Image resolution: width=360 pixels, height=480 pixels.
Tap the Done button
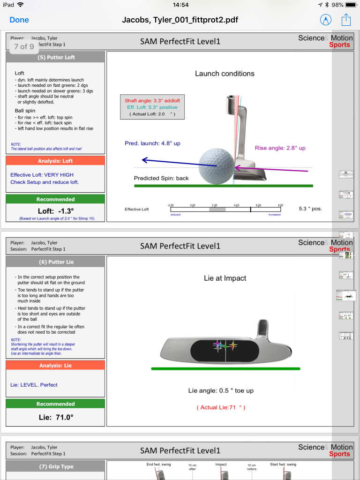click(x=19, y=20)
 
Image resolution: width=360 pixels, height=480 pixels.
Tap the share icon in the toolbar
click(x=346, y=20)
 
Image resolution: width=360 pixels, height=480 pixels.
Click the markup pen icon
click(x=325, y=20)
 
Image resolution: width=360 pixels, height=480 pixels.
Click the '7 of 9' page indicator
click(x=24, y=46)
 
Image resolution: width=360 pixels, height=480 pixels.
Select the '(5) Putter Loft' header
click(x=56, y=57)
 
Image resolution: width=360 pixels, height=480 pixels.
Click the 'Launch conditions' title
click(x=225, y=74)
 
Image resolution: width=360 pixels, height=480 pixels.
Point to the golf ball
click(x=216, y=166)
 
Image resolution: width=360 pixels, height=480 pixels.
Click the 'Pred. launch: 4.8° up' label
click(x=152, y=143)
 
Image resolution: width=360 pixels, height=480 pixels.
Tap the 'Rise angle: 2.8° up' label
click(x=280, y=148)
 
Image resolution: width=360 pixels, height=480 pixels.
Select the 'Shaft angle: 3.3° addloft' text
click(x=152, y=101)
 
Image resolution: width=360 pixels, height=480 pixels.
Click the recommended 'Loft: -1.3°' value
click(x=56, y=211)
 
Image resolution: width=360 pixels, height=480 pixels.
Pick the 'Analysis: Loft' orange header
click(x=56, y=161)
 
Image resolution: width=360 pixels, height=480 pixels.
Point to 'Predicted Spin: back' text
click(x=161, y=178)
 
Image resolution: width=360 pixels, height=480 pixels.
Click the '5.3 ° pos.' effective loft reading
click(x=310, y=209)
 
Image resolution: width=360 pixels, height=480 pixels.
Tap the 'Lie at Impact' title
click(x=225, y=278)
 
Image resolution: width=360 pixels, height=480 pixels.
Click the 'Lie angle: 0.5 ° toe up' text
click(x=221, y=390)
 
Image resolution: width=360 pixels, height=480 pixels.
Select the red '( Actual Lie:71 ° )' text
click(x=221, y=407)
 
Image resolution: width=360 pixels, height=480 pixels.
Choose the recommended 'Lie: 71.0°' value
click(x=56, y=417)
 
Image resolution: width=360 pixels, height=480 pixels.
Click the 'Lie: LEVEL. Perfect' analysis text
click(x=34, y=385)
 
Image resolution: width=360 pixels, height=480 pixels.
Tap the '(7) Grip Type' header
click(x=56, y=466)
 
